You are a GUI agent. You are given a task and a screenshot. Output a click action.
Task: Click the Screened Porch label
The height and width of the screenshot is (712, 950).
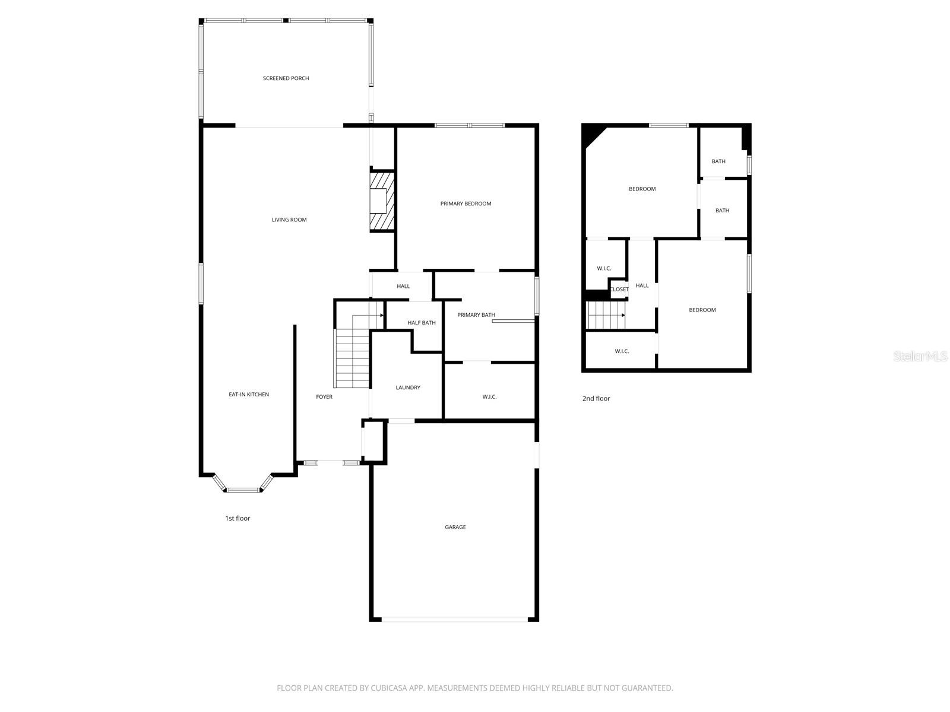[286, 78]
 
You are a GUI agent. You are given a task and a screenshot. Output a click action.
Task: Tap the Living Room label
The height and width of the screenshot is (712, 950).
[289, 220]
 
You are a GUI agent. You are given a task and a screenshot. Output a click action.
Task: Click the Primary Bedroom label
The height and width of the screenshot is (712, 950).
[465, 204]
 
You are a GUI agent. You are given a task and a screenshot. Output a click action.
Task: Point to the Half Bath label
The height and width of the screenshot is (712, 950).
[421, 323]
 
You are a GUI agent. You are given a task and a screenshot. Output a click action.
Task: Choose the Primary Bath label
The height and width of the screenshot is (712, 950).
[476, 315]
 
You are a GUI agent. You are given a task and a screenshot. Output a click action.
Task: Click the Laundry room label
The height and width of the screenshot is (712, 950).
[408, 387]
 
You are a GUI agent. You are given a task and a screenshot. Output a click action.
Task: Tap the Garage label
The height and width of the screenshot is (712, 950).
[455, 527]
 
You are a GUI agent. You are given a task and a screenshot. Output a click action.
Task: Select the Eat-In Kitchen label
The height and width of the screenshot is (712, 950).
[249, 395]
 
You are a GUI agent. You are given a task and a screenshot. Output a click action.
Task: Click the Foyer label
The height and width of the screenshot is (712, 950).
[324, 397]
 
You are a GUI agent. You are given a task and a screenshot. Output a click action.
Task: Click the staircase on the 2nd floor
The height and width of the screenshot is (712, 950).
[605, 315]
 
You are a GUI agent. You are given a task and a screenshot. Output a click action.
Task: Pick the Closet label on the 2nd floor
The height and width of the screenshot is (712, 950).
[619, 290]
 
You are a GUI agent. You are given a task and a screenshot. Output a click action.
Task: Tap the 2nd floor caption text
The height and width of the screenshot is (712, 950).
[596, 399]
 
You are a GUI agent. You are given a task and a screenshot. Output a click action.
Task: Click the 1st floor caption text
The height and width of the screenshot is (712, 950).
[237, 519]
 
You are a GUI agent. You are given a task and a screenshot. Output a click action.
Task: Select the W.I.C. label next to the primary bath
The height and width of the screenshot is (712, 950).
[489, 397]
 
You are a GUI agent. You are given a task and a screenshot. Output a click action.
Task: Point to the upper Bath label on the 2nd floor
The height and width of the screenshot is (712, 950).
[718, 161]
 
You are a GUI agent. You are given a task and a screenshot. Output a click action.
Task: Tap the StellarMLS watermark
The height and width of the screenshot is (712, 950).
[920, 356]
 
